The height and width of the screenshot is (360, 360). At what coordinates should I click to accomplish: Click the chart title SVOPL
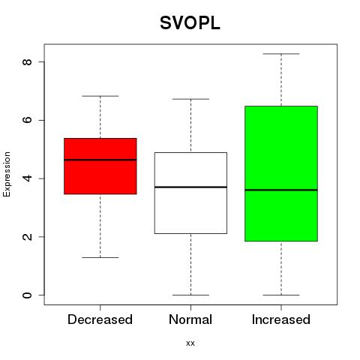(190, 23)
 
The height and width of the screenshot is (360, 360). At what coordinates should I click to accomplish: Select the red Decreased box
(100, 166)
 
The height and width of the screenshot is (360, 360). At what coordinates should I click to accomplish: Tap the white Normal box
(190, 193)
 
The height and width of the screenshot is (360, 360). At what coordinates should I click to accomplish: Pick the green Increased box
(281, 174)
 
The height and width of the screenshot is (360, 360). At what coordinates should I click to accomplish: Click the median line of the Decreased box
(100, 160)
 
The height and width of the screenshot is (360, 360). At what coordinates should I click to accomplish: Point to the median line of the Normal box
(190, 187)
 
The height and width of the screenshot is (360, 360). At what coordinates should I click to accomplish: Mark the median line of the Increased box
(281, 190)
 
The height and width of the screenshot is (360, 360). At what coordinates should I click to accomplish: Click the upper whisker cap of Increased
(281, 54)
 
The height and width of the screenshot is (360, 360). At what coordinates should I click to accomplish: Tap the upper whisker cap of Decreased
(100, 96)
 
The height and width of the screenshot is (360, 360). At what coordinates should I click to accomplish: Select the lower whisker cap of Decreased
(100, 257)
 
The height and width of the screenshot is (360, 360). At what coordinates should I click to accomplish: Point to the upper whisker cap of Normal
(190, 99)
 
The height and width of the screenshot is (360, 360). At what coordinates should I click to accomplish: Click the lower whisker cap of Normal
(190, 295)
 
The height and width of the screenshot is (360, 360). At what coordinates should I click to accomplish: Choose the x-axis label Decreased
(100, 319)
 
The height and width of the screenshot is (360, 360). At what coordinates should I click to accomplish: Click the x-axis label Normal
(190, 319)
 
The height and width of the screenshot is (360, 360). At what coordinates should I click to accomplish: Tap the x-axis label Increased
(281, 319)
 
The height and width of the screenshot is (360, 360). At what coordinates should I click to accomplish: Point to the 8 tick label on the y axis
(27, 61)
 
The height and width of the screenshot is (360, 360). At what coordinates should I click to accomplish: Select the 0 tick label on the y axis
(27, 295)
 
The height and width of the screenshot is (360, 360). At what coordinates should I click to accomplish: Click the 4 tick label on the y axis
(27, 178)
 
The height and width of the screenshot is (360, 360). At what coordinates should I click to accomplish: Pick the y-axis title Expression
(7, 175)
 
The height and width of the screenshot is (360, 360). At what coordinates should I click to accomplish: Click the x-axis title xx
(190, 343)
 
